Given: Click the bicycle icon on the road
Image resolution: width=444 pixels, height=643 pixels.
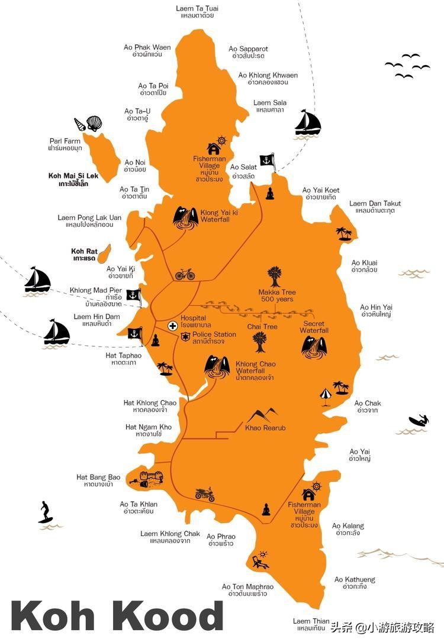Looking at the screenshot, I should click(x=185, y=274).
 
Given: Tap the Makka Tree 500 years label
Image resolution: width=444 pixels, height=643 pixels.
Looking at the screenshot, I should click(x=276, y=295).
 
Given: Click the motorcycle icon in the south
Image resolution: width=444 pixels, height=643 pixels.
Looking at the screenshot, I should click(x=205, y=494).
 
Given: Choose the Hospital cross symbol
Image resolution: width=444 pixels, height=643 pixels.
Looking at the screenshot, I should click(x=172, y=326).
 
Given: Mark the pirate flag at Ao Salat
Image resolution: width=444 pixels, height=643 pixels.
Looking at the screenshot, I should click(x=268, y=160).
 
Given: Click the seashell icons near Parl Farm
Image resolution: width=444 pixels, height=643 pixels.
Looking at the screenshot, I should click(x=88, y=124).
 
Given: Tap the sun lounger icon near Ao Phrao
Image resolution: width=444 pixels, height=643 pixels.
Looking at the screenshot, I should click(x=260, y=560).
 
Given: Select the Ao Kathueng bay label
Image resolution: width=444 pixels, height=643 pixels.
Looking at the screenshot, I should click(x=355, y=583).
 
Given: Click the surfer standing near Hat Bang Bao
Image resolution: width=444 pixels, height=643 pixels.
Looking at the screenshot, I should click(x=45, y=512).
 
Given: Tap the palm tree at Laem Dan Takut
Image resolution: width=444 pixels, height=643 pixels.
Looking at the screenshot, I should click(x=343, y=233).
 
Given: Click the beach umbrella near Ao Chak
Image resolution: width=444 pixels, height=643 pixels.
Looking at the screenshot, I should click(x=325, y=395).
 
